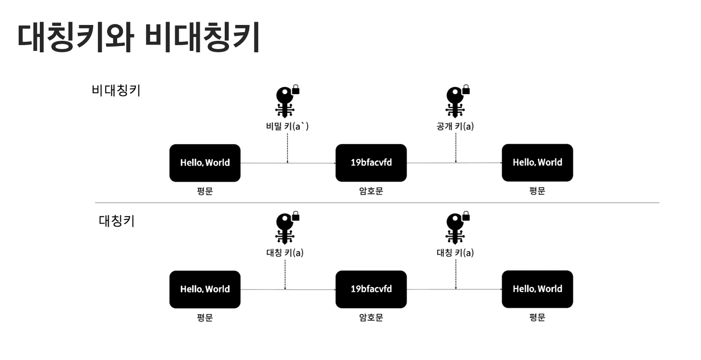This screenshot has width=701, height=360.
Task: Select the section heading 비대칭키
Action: [116, 91]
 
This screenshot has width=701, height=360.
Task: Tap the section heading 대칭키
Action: [117, 222]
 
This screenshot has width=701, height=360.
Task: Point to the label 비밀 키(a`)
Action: [287, 127]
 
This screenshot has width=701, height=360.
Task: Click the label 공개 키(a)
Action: [455, 127]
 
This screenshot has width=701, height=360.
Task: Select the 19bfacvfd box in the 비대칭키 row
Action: [371, 163]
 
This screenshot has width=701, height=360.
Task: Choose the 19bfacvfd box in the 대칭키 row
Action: [371, 289]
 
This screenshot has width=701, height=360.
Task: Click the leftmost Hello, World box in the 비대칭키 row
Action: [205, 163]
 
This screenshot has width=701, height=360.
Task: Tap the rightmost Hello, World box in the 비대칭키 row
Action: [537, 163]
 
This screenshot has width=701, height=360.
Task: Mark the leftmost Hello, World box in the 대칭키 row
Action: [205, 289]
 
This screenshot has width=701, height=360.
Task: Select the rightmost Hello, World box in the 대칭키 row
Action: [537, 289]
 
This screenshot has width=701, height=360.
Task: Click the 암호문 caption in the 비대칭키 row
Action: [371, 191]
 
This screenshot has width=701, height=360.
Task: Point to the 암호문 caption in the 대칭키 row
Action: [371, 318]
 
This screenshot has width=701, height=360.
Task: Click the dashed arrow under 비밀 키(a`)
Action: [287, 149]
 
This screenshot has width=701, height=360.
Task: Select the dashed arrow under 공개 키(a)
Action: [456, 149]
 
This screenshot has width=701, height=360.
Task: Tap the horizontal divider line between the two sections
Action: [377, 203]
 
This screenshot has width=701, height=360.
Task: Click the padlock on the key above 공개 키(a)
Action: [465, 90]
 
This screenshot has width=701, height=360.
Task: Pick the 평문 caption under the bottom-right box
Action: [537, 318]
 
